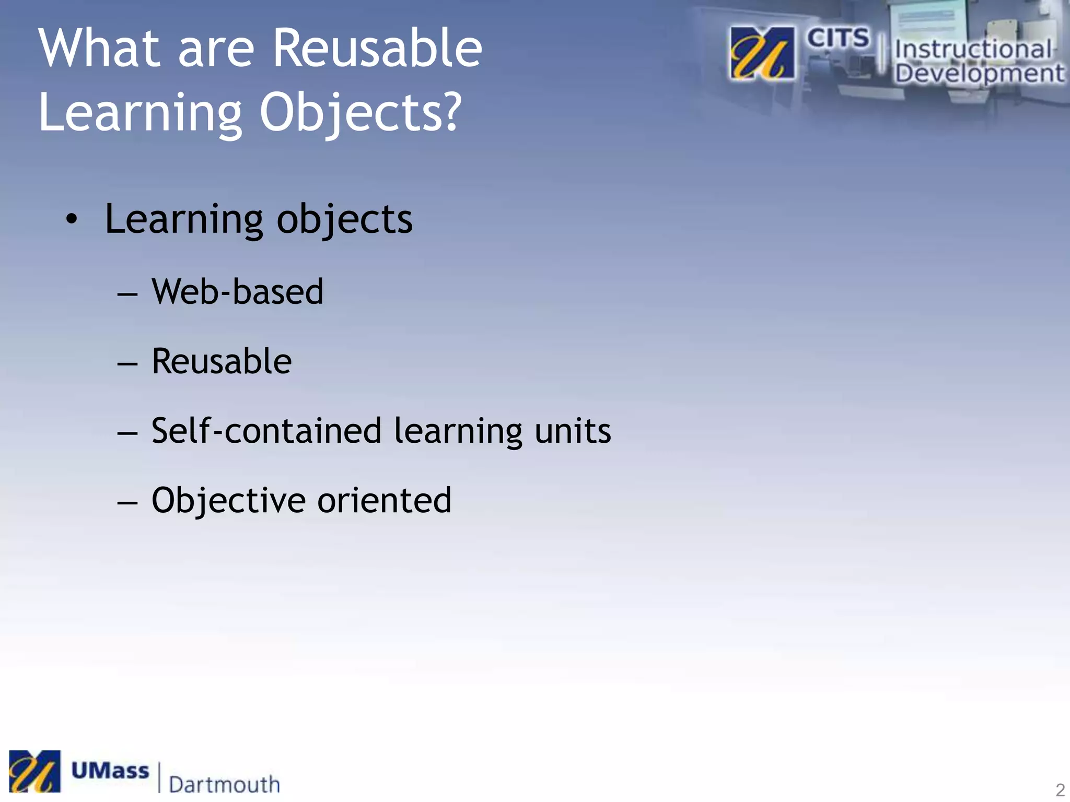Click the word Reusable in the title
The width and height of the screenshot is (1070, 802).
(x=377, y=48)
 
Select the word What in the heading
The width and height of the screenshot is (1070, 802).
(x=99, y=48)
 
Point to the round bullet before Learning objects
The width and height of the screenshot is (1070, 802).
(x=72, y=220)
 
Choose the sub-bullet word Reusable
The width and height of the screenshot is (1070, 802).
(x=222, y=361)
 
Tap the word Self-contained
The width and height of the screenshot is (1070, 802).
(x=266, y=431)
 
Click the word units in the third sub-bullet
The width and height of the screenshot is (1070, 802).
(x=573, y=432)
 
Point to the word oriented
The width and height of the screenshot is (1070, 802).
(x=384, y=500)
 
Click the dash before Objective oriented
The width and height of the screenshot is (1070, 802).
(x=127, y=503)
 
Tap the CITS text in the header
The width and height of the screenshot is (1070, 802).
(x=838, y=38)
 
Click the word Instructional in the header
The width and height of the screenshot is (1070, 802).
(x=973, y=50)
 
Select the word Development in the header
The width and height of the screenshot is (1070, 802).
(x=979, y=73)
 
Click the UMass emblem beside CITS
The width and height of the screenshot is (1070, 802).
(x=762, y=53)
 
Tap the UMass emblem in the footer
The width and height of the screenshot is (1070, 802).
(x=34, y=771)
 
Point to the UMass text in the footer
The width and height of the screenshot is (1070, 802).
(x=110, y=771)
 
